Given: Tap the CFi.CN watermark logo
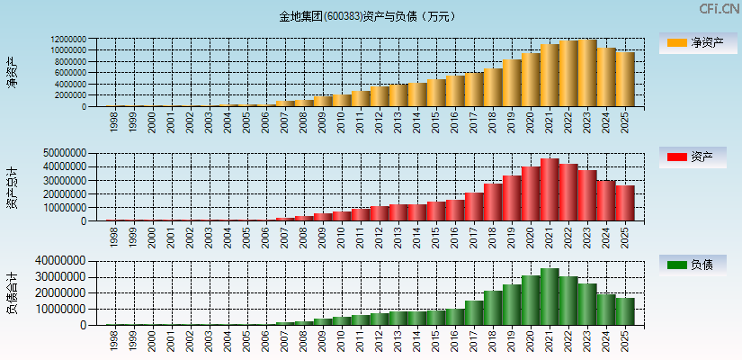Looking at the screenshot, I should (x=719, y=9).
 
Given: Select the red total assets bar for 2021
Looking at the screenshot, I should (x=550, y=190).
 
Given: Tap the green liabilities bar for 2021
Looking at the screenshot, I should (x=550, y=297).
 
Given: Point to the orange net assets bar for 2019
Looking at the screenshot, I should (x=512, y=83).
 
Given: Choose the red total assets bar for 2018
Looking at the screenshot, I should (x=493, y=202).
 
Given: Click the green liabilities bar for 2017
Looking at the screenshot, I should (x=474, y=312).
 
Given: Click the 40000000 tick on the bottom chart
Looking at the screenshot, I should (x=61, y=262).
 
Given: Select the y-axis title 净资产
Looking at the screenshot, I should (x=13, y=72).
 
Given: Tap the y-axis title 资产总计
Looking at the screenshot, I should (x=13, y=186).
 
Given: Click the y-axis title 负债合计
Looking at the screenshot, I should (x=13, y=292).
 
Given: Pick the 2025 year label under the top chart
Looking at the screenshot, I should (x=626, y=122).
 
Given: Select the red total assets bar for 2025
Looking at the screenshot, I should (x=625, y=203).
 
